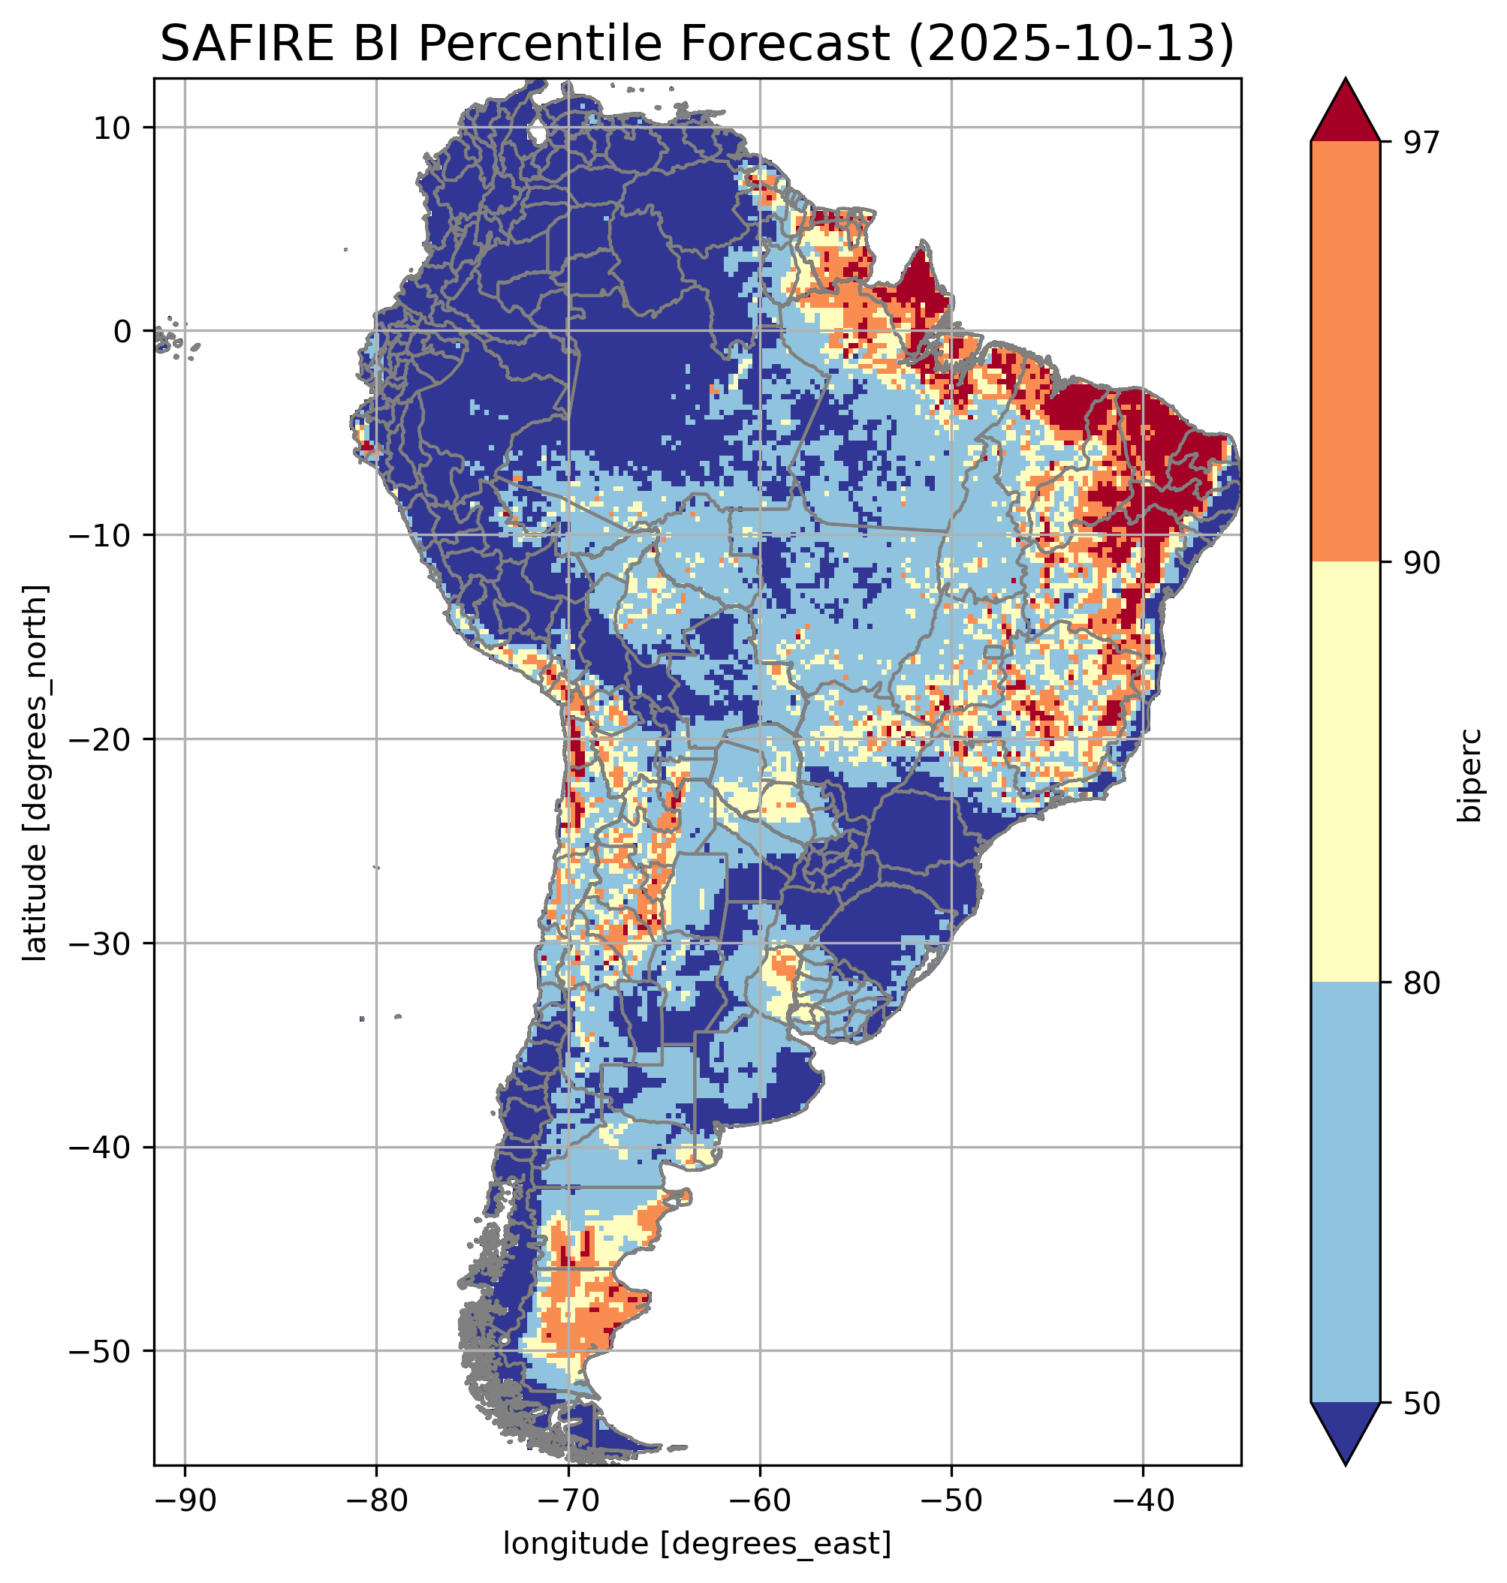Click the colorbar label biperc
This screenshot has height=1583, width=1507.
1471,773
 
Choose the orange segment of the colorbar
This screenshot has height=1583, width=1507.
1345,352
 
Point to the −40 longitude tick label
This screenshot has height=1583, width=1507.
1142,1500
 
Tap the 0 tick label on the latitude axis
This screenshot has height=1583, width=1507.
122,331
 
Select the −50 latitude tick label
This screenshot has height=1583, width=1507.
102,1352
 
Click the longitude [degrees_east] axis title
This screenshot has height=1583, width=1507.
697,1544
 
